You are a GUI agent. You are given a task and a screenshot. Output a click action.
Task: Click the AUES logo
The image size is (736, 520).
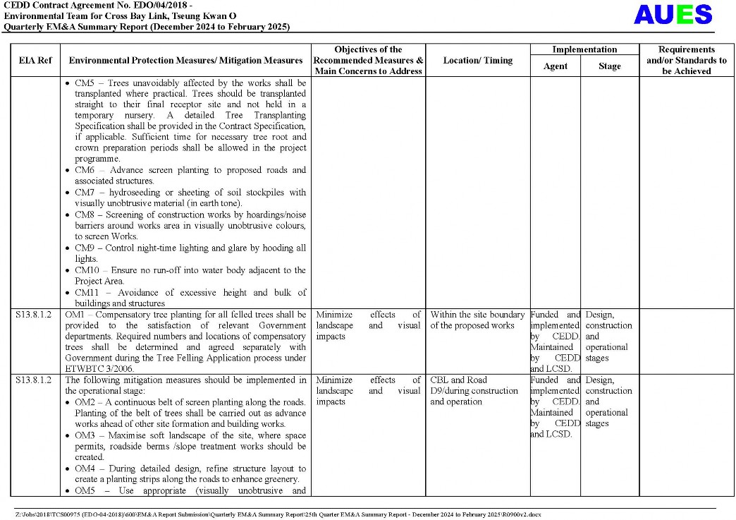[x=673, y=14]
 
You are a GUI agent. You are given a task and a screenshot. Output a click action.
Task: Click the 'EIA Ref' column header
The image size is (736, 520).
[x=35, y=61]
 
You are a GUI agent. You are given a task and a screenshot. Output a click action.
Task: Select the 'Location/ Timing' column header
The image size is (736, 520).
[x=477, y=61]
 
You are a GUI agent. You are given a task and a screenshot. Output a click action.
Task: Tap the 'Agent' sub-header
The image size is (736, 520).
[x=555, y=66]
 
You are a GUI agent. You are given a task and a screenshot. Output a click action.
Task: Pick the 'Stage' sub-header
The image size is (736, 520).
[x=609, y=66]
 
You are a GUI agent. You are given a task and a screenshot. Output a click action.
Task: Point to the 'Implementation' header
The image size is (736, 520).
[x=584, y=49]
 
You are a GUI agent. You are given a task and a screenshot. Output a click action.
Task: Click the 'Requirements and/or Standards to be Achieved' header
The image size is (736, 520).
[x=687, y=61]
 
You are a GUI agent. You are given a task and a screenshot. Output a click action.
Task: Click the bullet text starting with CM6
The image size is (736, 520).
[x=190, y=175]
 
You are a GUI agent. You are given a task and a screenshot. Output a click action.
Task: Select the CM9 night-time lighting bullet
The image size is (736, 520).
[x=190, y=253]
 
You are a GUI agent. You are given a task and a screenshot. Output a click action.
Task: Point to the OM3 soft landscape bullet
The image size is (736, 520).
[x=190, y=446]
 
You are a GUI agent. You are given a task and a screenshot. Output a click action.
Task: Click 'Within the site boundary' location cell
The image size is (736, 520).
[x=477, y=320]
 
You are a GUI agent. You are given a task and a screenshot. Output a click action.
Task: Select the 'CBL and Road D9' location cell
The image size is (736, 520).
[x=474, y=390]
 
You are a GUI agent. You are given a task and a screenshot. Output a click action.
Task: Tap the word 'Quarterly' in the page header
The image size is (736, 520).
[x=23, y=27]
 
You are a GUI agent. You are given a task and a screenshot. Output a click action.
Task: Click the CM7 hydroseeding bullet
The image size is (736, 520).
[x=190, y=197]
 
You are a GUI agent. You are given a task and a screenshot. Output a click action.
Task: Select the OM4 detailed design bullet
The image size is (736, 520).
[x=190, y=473]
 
